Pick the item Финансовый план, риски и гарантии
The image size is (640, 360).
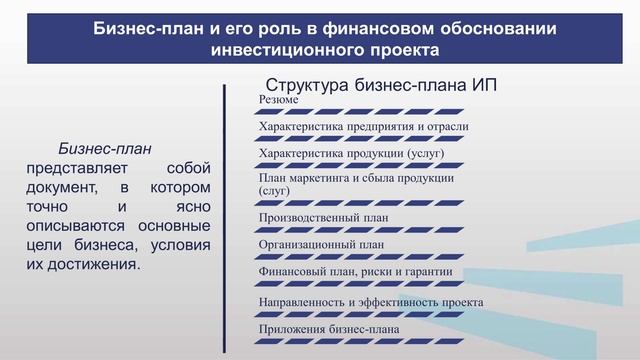coord(356,271)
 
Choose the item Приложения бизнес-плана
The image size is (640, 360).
coord(329,329)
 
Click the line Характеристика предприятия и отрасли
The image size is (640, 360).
coord(363,127)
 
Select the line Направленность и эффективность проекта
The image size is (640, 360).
coord(371,301)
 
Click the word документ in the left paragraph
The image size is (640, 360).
coord(62,187)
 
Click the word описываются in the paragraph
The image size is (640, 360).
coord(79,226)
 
